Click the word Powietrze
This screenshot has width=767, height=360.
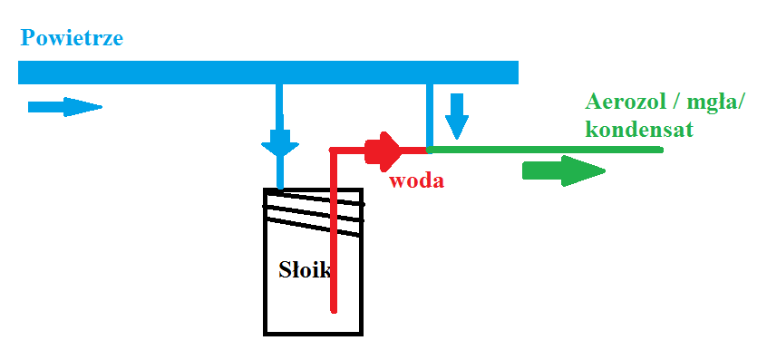click(x=72, y=38)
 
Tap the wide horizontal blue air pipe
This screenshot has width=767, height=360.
click(x=268, y=73)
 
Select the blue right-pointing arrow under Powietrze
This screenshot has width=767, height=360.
click(x=64, y=107)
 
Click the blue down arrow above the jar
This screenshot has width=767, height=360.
click(x=280, y=141)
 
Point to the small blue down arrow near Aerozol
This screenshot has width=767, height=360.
click(x=456, y=116)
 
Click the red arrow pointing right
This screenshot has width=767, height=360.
click(x=383, y=151)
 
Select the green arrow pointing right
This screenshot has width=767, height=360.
click(x=564, y=171)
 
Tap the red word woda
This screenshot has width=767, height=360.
click(x=417, y=180)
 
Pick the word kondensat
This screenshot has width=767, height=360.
click(x=639, y=130)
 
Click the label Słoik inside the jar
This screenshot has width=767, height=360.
click(x=305, y=270)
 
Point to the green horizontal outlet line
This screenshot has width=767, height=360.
click(x=545, y=150)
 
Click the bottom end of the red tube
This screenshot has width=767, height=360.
click(x=334, y=310)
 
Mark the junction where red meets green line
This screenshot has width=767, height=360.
click(x=429, y=151)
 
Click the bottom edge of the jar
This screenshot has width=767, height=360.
click(x=313, y=334)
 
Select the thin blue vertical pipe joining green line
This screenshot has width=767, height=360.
click(x=430, y=116)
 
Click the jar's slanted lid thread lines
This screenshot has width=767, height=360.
click(x=314, y=212)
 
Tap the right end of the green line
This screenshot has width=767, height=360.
click(x=662, y=150)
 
